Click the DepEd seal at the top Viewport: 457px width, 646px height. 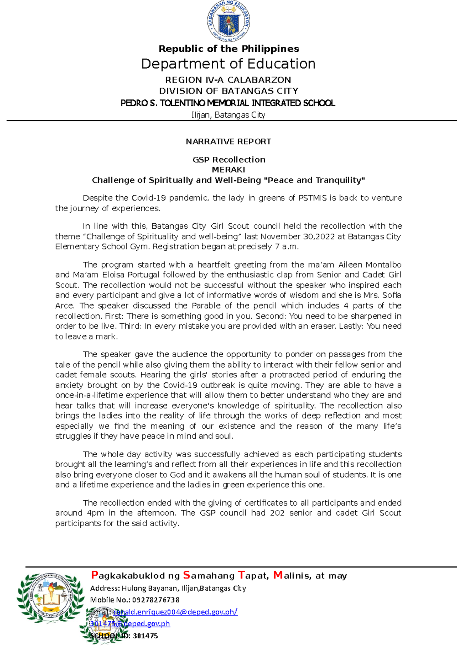(x=228, y=21)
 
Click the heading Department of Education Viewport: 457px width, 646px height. (x=228, y=64)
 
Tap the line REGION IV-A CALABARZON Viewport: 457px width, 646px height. (x=228, y=80)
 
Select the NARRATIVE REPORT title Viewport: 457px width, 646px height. (x=228, y=142)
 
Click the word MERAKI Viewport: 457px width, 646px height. (x=228, y=170)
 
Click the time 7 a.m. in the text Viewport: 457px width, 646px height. (x=286, y=247)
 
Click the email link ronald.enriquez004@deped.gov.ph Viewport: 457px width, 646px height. (x=175, y=612)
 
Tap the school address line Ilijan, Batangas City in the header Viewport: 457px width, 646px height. (x=228, y=115)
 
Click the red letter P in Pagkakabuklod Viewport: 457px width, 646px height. (x=95, y=575)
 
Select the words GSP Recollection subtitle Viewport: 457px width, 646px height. (x=228, y=160)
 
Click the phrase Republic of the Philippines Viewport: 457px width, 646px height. (x=228, y=49)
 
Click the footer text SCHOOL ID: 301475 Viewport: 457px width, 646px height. (x=124, y=636)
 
